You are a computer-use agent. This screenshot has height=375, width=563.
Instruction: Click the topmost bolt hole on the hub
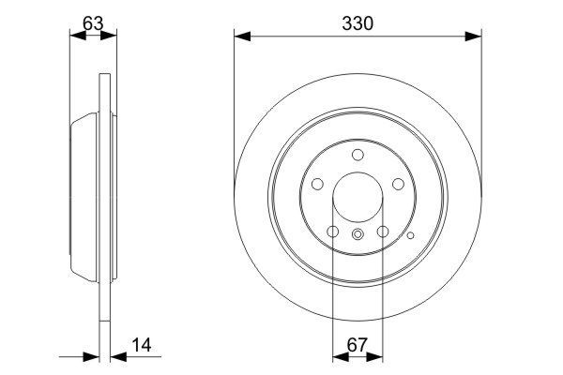[x=358, y=156]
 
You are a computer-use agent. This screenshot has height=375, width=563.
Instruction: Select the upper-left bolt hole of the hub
[x=316, y=185]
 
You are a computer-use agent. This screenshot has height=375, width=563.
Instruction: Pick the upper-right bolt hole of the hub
[x=399, y=185]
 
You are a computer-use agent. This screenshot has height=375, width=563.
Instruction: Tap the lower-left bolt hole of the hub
[x=332, y=232]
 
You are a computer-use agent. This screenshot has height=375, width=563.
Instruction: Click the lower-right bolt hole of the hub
[x=383, y=232]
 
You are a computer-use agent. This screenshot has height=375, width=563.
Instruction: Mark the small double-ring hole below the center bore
[x=358, y=236]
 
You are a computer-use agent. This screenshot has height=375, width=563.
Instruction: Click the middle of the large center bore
[x=358, y=199]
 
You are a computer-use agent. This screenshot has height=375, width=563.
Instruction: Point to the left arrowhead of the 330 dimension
[x=240, y=37]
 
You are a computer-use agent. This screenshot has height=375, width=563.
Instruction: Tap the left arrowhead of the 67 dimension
[x=339, y=355]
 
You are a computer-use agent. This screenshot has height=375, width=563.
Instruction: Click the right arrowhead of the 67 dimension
[x=376, y=355]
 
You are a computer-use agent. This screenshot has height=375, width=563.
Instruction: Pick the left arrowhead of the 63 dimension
[x=77, y=36]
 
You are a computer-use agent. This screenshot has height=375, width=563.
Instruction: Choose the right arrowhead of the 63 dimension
[x=113, y=36]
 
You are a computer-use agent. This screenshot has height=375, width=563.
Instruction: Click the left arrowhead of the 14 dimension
[x=93, y=355]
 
